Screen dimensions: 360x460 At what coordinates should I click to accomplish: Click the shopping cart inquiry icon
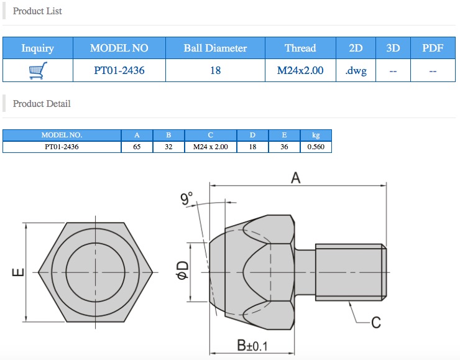38,71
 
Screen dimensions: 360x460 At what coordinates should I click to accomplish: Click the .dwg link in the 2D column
356,71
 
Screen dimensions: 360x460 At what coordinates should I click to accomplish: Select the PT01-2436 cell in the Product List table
119,71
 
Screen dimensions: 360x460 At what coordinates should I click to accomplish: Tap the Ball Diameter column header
215,48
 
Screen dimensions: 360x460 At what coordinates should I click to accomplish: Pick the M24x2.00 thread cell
300,71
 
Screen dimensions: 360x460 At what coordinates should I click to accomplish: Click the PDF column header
433,48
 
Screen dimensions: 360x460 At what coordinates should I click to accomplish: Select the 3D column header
393,48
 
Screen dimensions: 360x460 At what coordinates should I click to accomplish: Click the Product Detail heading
42,104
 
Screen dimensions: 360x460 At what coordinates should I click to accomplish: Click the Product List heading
37,11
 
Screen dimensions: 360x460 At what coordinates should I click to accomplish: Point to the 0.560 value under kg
316,147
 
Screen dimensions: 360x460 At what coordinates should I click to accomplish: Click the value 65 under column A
137,147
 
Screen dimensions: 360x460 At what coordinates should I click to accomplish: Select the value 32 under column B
168,147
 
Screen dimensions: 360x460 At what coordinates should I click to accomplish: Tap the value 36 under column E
284,147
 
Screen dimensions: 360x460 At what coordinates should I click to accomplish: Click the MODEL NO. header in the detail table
62,135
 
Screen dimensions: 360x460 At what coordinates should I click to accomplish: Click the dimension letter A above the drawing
296,178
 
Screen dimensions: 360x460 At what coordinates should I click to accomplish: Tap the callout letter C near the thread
375,322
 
